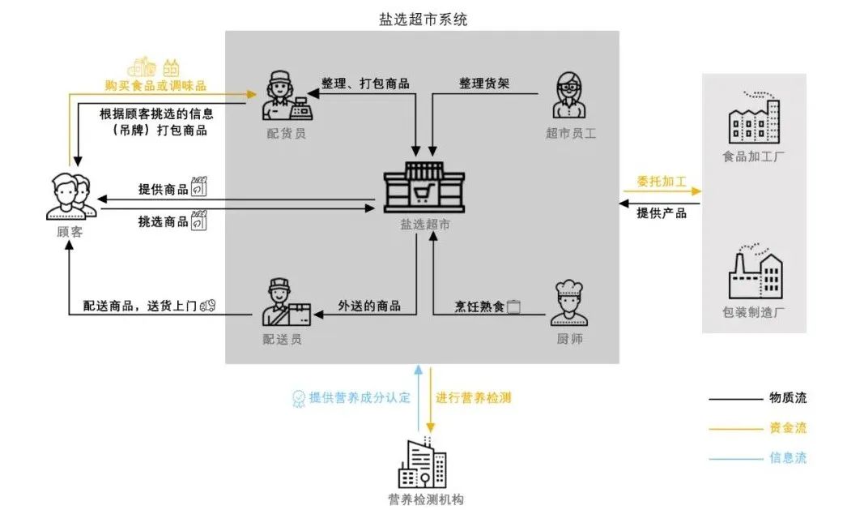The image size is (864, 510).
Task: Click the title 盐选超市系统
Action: (x=423, y=18)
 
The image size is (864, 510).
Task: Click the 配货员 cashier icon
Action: (x=286, y=95)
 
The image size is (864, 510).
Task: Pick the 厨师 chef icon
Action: (x=570, y=303)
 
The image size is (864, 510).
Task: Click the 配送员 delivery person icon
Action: (x=285, y=303)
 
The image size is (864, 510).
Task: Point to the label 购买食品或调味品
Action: (x=155, y=85)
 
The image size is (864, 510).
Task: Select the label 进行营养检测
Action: (x=474, y=398)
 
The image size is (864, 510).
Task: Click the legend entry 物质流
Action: (x=787, y=398)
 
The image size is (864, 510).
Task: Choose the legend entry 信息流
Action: (x=787, y=458)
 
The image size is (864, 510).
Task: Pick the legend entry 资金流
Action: (x=787, y=428)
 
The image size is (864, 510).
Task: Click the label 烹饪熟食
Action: (x=479, y=306)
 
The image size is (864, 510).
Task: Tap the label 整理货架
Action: (x=484, y=84)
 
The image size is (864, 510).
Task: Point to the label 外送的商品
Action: (x=369, y=306)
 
